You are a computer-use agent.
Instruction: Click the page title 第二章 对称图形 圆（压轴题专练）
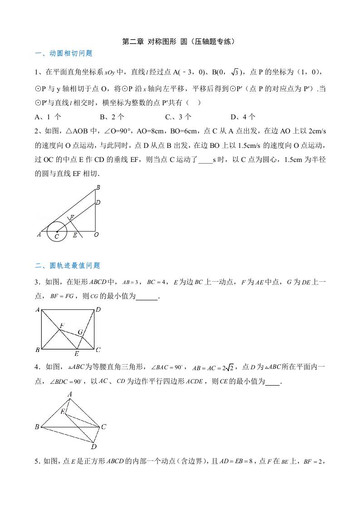[180, 41]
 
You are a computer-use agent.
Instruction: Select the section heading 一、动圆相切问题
[64, 54]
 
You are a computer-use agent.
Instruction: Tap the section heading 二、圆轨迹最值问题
[68, 266]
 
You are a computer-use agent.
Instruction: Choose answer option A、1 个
[48, 117]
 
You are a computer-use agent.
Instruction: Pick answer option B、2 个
[112, 117]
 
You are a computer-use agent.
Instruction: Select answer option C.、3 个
[178, 117]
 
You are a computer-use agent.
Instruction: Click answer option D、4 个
[243, 117]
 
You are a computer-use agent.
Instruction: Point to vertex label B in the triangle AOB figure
[98, 187]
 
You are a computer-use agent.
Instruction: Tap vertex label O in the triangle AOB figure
[96, 235]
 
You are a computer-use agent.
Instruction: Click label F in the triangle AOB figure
[72, 218]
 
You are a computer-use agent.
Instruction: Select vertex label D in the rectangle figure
[98, 310]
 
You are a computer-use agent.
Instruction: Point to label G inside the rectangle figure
[80, 333]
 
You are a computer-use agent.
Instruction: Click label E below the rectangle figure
[76, 354]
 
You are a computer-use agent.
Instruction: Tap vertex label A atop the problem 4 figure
[70, 394]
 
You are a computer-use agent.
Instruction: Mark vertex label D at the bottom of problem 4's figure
[94, 446]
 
